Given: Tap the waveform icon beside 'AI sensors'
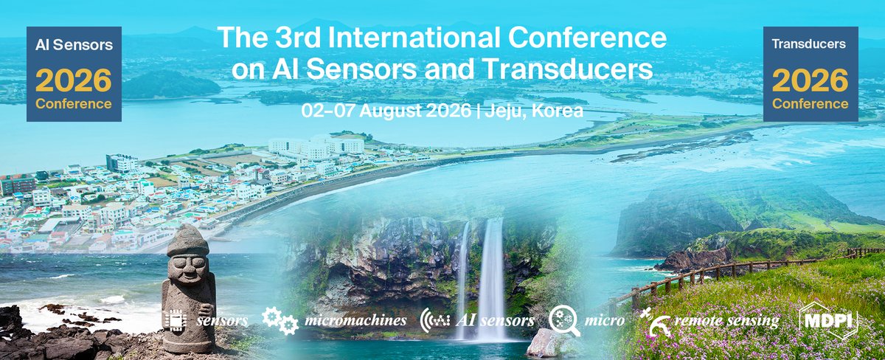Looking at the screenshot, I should [x=435, y=321].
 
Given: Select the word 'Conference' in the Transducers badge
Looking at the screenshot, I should [x=810, y=104].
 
